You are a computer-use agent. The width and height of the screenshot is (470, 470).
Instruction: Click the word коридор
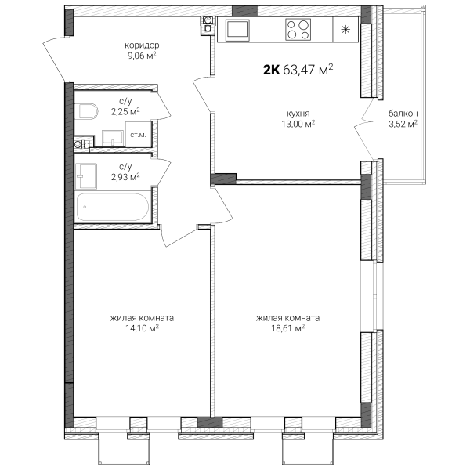pos(142,45)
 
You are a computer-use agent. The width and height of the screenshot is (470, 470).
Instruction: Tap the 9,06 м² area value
pos(142,56)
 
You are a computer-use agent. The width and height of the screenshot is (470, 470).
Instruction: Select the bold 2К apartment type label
pos(272,70)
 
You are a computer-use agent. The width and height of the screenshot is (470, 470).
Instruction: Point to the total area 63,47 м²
pos(308,69)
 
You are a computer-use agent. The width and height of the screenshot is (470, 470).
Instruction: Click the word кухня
pos(298,114)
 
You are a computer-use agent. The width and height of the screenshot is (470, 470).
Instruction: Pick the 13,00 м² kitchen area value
pos(298,124)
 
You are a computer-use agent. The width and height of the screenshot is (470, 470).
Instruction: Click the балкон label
pos(403,114)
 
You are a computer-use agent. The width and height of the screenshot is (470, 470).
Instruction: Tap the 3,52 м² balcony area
pos(403,124)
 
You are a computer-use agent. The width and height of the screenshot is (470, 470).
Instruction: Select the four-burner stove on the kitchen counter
pos(298,30)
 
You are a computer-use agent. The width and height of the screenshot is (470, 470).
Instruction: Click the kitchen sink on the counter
pos(237,30)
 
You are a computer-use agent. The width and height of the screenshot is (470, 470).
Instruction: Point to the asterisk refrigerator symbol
pos(345,30)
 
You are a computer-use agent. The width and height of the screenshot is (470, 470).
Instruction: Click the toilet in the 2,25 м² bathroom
pos(88,111)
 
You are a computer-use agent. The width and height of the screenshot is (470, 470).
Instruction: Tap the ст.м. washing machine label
pos(138,135)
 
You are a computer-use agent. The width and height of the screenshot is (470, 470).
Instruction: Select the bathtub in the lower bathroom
pos(112,207)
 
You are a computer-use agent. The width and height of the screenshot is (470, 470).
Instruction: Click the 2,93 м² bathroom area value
pos(125,177)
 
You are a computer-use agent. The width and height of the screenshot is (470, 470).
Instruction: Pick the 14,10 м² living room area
pos(142,328)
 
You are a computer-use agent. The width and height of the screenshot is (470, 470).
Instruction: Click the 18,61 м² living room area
pos(288,328)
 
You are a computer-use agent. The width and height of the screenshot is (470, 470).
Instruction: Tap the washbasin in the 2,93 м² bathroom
pos(86,176)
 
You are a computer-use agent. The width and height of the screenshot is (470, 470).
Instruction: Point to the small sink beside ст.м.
pos(113,138)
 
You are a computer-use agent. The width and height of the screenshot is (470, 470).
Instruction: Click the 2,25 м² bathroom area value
pos(125,111)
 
